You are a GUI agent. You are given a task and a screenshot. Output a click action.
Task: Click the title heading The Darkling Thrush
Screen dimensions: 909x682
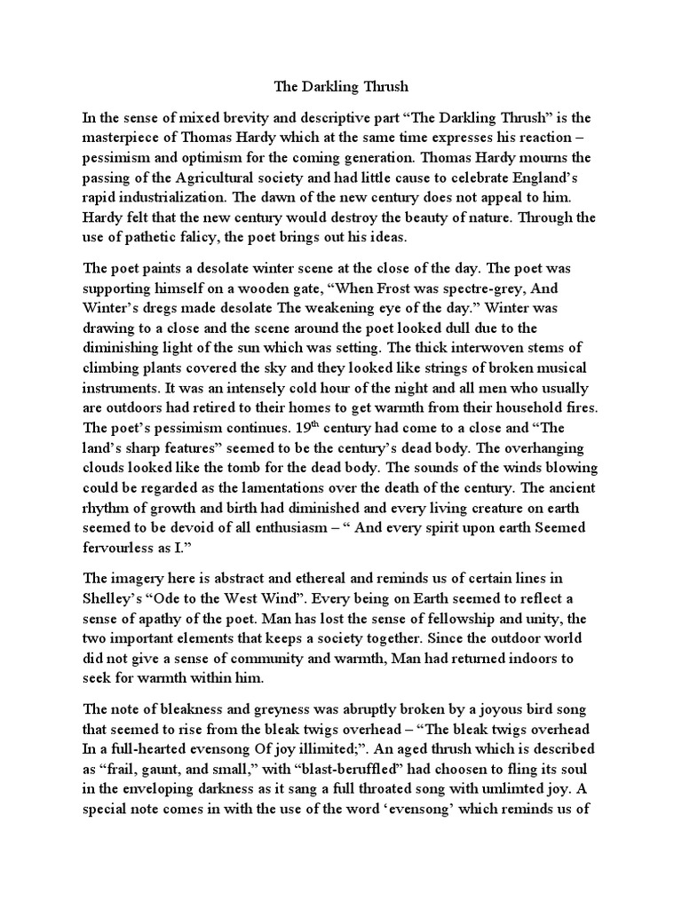pos(340,86)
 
